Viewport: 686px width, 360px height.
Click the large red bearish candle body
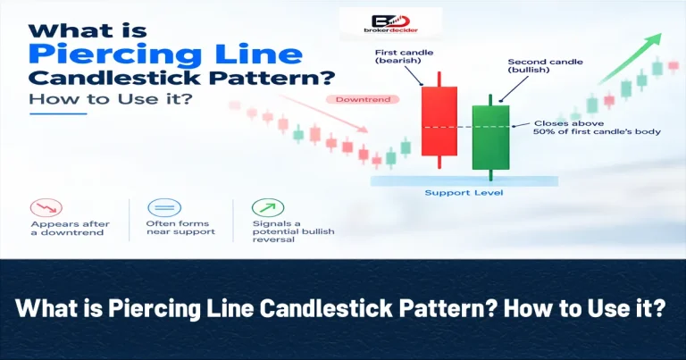pos(439,121)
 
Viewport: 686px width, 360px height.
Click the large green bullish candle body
pos(491,138)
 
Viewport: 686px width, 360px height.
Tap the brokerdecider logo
pos(390,24)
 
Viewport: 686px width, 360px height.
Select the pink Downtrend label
pos(363,100)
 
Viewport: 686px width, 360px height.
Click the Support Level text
pos(464,193)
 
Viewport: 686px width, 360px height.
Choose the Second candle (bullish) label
pos(545,65)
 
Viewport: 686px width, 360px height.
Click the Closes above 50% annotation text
pos(597,127)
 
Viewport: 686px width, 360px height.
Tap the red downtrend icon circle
pos(46,208)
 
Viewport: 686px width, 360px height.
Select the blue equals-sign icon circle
pos(164,208)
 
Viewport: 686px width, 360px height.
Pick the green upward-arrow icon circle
pos(268,208)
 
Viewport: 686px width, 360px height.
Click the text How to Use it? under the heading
pos(111,99)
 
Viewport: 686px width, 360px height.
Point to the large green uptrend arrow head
pos(654,38)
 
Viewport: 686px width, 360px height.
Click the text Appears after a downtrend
pos(70,229)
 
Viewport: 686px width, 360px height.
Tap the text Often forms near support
pos(180,228)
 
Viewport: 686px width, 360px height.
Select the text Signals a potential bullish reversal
pos(293,231)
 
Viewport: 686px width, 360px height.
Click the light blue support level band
pos(464,181)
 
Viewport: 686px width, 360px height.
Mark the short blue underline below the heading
pos(58,113)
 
